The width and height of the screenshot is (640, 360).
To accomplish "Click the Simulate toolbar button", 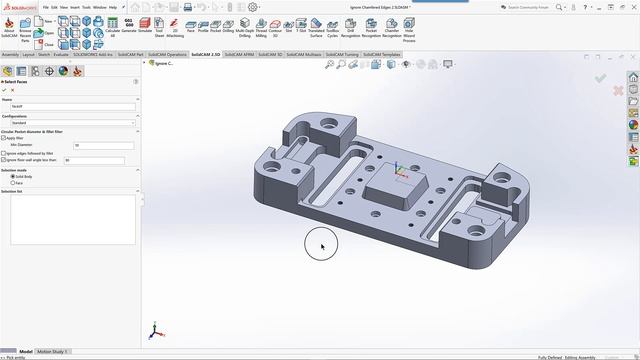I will [145, 25].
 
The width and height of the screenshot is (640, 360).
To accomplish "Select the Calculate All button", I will [112, 25].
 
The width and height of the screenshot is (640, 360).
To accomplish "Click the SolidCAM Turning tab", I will [342, 54].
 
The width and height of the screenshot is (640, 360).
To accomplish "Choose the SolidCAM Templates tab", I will [382, 54].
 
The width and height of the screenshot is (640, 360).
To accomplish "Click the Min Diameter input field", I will [98, 145].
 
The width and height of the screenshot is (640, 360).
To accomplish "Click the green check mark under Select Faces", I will [4, 90].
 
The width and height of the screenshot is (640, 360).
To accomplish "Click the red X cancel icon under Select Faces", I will [12, 90].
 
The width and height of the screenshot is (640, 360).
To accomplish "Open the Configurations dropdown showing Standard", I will [70, 122].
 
